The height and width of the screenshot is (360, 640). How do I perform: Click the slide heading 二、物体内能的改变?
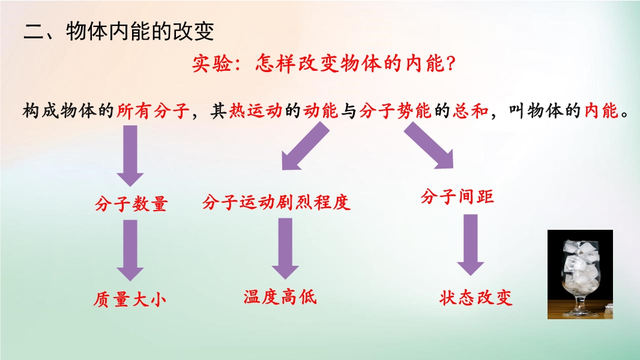click(119, 31)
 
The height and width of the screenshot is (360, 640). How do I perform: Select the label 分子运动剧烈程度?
click(276, 202)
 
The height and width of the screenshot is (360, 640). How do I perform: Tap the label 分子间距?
click(457, 197)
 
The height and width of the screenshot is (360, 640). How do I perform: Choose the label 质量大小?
click(130, 299)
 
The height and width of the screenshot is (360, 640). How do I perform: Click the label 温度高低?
click(280, 297)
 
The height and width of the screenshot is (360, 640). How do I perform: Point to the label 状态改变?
click(475, 298)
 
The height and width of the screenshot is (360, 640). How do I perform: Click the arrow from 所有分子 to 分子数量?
click(130, 156)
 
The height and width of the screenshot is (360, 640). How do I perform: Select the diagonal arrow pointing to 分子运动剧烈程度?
click(306, 146)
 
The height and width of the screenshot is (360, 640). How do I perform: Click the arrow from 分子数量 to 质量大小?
click(130, 250)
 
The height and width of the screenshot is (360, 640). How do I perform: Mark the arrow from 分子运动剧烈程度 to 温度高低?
click(285, 248)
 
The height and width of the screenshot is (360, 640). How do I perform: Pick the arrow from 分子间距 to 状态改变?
click(471, 245)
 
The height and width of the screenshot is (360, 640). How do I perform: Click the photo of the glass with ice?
click(580, 274)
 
